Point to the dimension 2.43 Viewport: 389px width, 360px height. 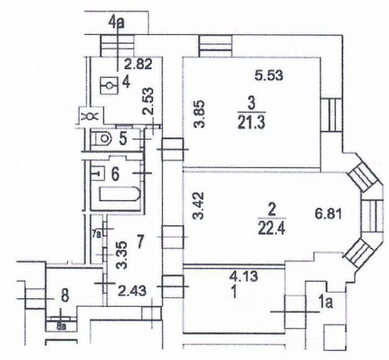point(132,289)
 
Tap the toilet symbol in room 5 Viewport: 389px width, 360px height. point(101,137)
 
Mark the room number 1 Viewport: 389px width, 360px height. point(234,290)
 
